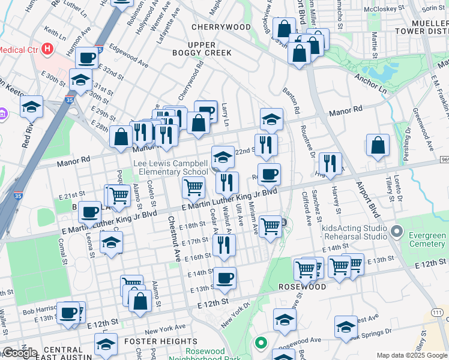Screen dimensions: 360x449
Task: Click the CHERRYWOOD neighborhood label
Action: click(x=221, y=27)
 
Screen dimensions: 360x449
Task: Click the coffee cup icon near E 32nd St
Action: click(x=88, y=58)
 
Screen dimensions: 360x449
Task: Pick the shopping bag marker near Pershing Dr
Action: click(x=378, y=145)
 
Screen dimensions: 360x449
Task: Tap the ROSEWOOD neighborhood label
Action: click(x=302, y=287)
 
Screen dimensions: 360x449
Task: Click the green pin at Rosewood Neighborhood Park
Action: click(x=261, y=343)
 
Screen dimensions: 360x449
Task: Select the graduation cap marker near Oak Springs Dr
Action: click(x=346, y=327)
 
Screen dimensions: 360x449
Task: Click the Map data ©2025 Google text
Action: click(x=412, y=355)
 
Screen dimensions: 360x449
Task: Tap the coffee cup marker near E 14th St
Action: click(x=225, y=278)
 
